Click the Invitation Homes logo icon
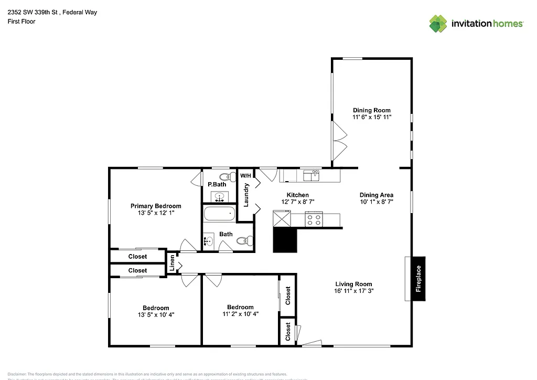[438, 24]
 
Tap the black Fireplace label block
[418, 279]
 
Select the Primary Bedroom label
[156, 206]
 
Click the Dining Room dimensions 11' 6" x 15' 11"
[372, 118]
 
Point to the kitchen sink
[311, 175]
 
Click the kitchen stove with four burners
[314, 219]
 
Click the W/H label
[245, 175]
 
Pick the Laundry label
[246, 194]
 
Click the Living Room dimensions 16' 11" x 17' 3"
[353, 291]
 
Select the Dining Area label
[376, 195]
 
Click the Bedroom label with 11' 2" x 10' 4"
[240, 307]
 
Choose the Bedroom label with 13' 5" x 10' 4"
[156, 308]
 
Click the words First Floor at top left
[22, 22]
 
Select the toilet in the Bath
[243, 241]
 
